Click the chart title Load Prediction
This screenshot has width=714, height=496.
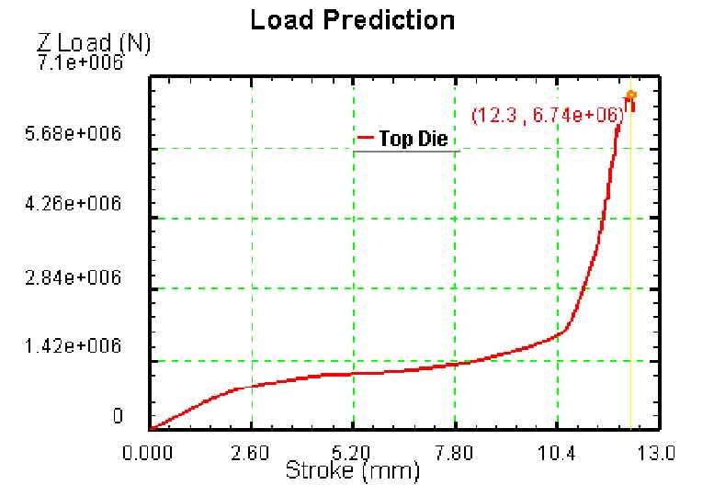tap(353, 19)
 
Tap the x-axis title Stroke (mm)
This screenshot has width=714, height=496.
tap(353, 472)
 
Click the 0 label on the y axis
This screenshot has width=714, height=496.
tap(118, 417)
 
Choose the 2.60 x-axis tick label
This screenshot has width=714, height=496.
tap(252, 453)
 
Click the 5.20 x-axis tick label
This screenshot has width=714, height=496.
tap(354, 453)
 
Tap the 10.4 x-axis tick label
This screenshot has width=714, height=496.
tap(558, 453)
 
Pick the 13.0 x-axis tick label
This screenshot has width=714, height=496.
tap(656, 453)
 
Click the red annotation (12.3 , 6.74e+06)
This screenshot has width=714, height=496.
tap(548, 116)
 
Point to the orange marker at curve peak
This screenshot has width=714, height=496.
tap(631, 94)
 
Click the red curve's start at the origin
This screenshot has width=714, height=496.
tap(152, 428)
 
